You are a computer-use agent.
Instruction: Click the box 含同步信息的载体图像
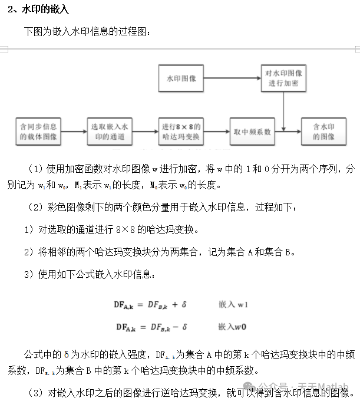(38, 132)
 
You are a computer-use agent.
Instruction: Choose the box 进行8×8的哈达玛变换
(181, 132)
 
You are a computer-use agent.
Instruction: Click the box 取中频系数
(252, 132)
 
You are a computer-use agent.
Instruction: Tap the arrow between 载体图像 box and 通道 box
(74, 132)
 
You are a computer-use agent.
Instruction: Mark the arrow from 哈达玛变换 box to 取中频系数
(217, 132)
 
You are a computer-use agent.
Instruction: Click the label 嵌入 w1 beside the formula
(233, 305)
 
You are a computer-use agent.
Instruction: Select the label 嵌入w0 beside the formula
(232, 326)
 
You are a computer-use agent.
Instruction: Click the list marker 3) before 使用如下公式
(29, 274)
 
